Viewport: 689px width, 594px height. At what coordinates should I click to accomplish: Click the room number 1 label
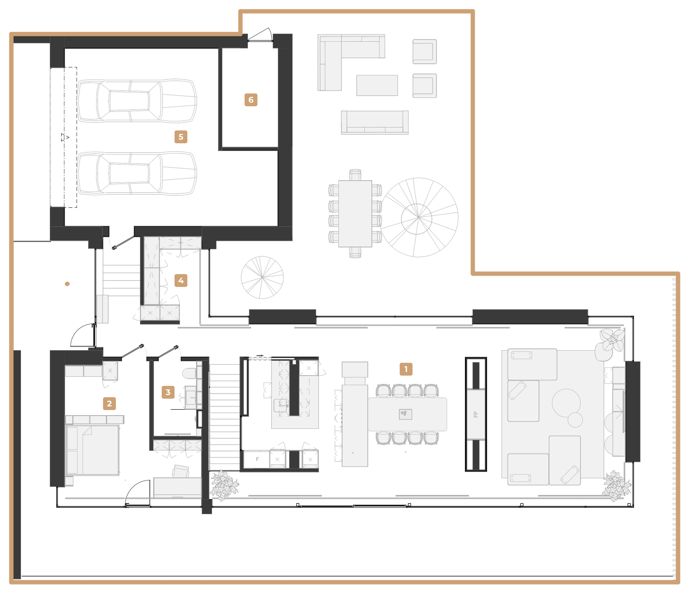point(406,369)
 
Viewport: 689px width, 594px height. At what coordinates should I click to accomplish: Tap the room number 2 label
point(109,403)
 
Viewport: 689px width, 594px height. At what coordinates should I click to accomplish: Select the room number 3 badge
point(168,392)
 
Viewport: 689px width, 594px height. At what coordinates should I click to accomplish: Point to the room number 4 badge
point(181,280)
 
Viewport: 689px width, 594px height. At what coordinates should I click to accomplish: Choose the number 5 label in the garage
point(181,137)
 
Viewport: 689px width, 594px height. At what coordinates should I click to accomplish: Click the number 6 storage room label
point(251,100)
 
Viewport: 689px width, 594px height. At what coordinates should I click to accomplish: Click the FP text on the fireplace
point(476,414)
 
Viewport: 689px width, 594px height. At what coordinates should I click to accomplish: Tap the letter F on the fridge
point(257,459)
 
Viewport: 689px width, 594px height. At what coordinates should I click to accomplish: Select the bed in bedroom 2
point(92,450)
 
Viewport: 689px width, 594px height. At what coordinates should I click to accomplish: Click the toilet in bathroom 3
point(190,373)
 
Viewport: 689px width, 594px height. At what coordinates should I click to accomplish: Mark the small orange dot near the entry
point(67,284)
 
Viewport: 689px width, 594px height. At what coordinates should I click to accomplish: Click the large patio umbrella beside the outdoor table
point(418,218)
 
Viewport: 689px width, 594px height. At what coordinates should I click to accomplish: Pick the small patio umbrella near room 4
point(262,277)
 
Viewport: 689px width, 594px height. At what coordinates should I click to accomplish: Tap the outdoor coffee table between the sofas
point(377,85)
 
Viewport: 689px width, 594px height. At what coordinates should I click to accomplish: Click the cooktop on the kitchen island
point(405,414)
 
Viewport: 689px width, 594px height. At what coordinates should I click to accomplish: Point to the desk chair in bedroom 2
point(181,471)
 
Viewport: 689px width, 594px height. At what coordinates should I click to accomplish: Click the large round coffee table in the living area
point(566,403)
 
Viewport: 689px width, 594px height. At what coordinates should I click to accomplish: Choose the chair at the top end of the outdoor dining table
point(355,175)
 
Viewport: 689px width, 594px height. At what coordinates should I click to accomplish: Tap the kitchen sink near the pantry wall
point(281,405)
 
